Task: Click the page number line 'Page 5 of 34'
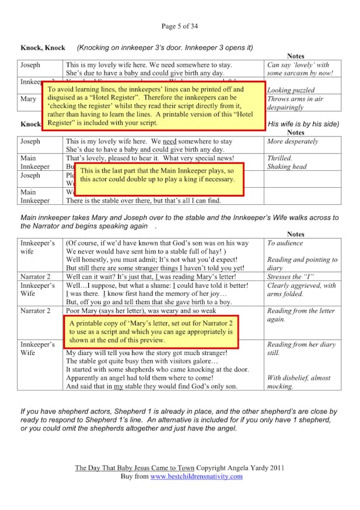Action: (x=179, y=26)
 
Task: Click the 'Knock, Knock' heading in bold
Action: (x=43, y=47)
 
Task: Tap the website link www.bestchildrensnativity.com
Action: (x=196, y=476)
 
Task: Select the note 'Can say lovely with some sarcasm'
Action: (x=300, y=69)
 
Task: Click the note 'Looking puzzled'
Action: (x=291, y=90)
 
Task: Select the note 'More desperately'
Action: (x=293, y=142)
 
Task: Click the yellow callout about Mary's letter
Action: (x=150, y=331)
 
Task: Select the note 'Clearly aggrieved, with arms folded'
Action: (x=301, y=290)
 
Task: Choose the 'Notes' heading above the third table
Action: (x=296, y=234)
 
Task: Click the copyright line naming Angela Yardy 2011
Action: (x=180, y=468)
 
